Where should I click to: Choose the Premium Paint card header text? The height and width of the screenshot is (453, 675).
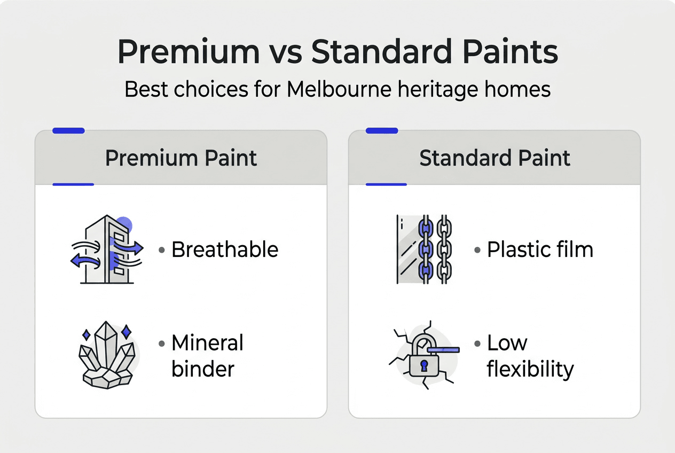click(180, 159)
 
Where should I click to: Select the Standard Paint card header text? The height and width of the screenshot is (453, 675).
click(495, 159)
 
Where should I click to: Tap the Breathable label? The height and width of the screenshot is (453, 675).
click(225, 249)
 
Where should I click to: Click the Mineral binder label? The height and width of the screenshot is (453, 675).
click(207, 356)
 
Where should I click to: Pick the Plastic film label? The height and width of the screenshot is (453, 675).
click(539, 249)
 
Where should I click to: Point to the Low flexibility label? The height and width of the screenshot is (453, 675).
click(530, 356)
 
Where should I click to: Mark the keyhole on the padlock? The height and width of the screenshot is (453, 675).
click(424, 366)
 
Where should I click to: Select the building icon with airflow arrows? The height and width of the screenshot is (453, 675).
click(107, 249)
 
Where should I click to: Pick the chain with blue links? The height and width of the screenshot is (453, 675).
click(425, 249)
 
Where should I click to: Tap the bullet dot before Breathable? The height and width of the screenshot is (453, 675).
click(161, 250)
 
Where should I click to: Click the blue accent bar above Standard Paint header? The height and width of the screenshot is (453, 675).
click(381, 130)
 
